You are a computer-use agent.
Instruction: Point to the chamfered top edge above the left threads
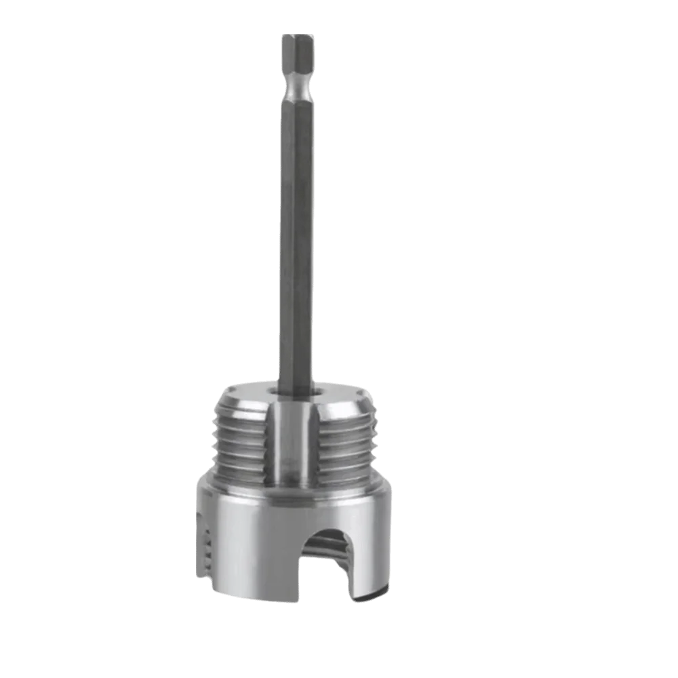pyautogui.click(x=237, y=403)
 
